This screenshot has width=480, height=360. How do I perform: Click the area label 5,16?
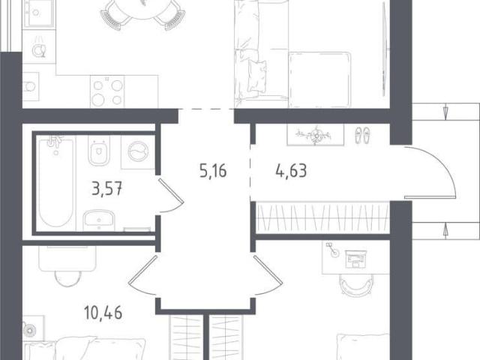point(213,171)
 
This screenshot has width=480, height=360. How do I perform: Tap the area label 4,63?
point(291,171)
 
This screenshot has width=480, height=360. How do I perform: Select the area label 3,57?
point(107,188)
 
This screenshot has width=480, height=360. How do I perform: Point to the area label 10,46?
point(103,313)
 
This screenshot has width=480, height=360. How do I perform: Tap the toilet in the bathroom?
point(99,151)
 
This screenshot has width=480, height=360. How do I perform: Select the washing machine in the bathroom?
point(138,152)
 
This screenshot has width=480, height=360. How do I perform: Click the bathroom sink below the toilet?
point(99,220)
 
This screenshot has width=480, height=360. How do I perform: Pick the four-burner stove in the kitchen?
point(107,91)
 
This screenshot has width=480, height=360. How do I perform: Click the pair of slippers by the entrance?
point(362,136)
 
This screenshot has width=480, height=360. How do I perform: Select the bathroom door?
point(171,195)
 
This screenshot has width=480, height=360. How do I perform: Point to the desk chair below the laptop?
point(356,284)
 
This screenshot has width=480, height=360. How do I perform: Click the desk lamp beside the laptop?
point(332,250)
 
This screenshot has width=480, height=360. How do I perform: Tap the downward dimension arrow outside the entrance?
point(445,112)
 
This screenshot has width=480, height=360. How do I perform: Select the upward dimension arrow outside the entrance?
point(445,230)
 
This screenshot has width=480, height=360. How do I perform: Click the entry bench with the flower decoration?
point(315,135)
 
